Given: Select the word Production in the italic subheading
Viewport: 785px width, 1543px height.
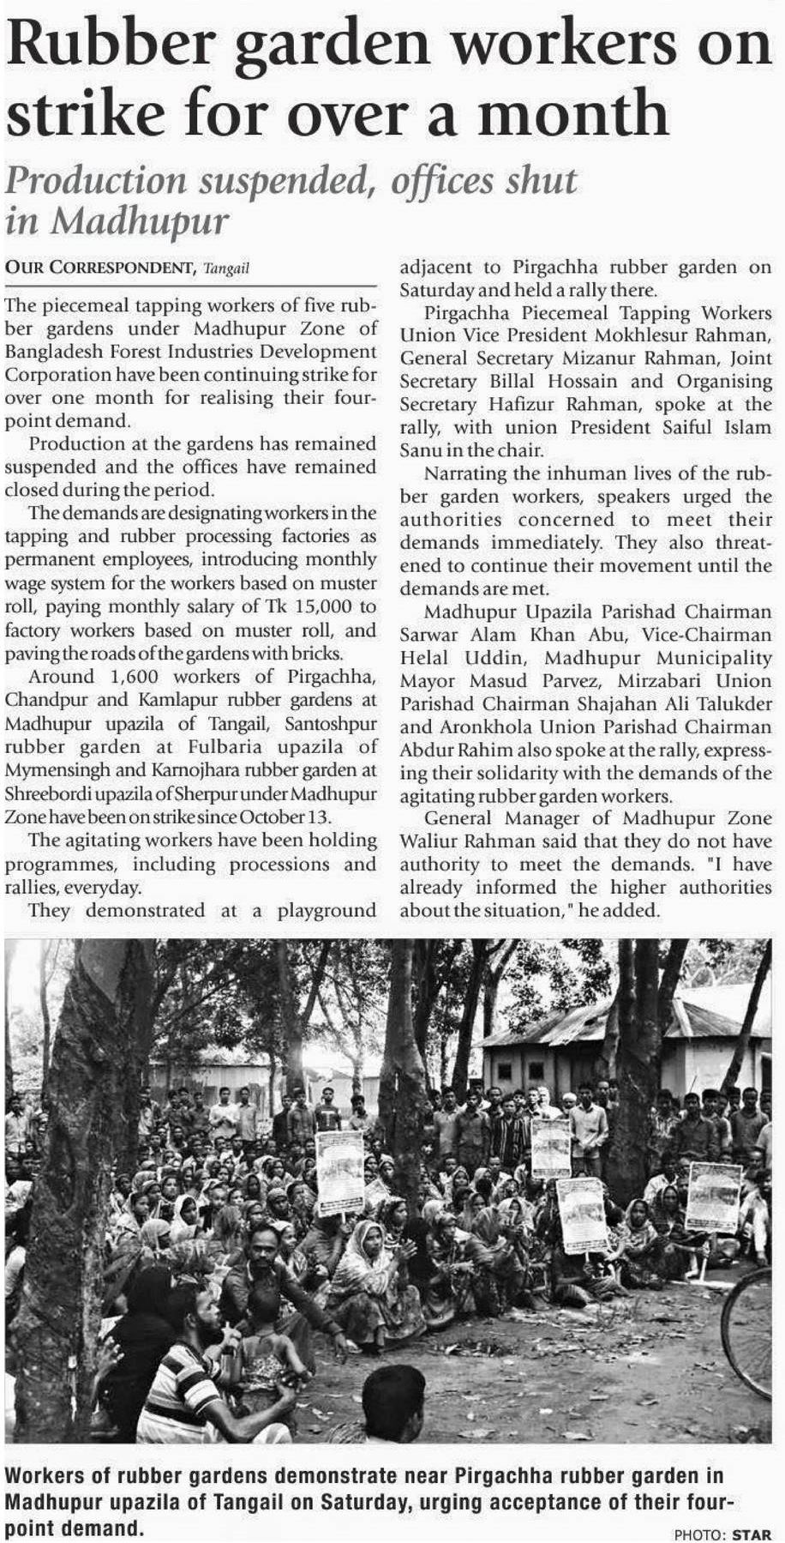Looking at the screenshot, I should click(x=95, y=181).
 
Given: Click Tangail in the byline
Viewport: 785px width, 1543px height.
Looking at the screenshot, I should click(x=227, y=269).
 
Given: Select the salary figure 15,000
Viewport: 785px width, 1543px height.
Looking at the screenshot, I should click(x=327, y=607).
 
